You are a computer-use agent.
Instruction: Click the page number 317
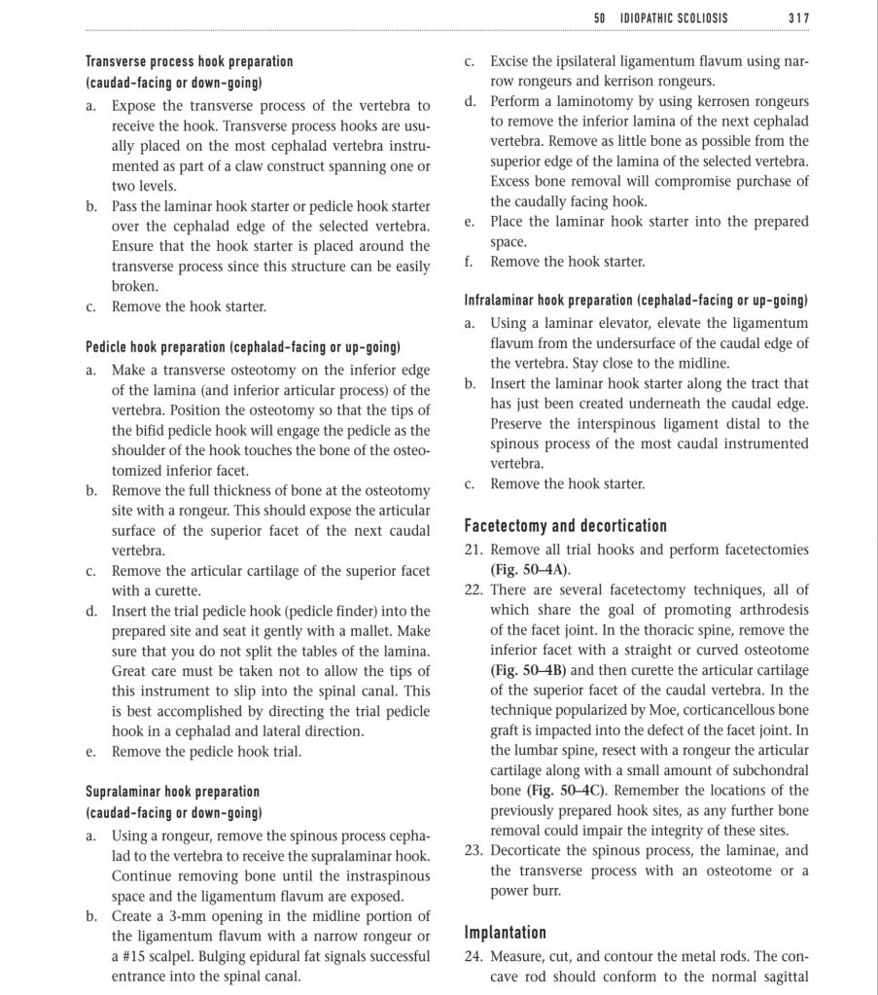click(x=797, y=18)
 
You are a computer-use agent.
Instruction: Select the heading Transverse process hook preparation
click(x=189, y=61)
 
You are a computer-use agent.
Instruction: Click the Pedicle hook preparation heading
click(x=243, y=346)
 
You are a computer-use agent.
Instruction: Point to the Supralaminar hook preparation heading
click(x=172, y=792)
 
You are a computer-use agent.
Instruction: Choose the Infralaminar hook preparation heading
click(x=636, y=301)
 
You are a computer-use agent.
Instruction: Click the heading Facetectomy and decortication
click(x=565, y=526)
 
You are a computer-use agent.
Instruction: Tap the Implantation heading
click(x=505, y=933)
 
